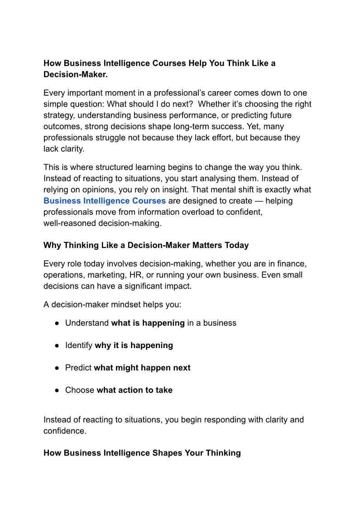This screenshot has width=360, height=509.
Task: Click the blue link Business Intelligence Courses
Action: (x=105, y=201)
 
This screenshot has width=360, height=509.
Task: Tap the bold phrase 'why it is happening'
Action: (x=134, y=345)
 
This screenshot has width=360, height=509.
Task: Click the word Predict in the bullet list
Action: (x=78, y=368)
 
